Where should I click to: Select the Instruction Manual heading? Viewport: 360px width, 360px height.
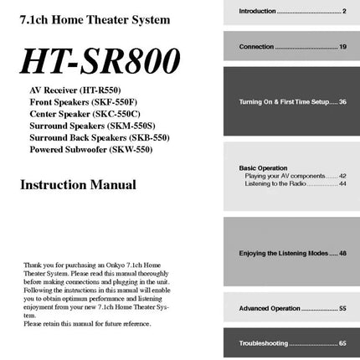click(78, 184)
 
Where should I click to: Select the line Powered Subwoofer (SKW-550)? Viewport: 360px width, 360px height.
click(90, 149)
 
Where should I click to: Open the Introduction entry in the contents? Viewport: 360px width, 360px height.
click(292, 11)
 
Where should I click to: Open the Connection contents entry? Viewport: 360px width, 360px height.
click(292, 47)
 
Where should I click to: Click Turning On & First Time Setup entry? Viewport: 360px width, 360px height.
click(292, 101)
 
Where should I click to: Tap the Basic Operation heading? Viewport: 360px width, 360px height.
click(263, 168)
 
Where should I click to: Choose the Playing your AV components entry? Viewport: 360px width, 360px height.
click(291, 176)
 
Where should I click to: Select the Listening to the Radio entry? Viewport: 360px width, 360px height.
click(291, 183)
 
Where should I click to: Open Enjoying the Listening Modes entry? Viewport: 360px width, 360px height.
click(292, 252)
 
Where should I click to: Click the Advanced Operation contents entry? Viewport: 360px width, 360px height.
click(292, 308)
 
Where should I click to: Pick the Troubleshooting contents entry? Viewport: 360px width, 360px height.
click(292, 343)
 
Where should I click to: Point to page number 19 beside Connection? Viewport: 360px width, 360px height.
click(342, 47)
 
